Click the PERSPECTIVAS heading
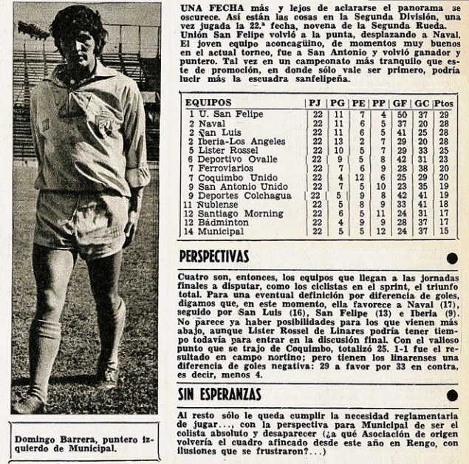click(x=215, y=256)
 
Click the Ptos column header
click(x=444, y=102)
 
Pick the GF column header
click(x=402, y=102)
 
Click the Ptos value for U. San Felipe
click(x=445, y=115)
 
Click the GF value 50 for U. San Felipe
click(x=403, y=115)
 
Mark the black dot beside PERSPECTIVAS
click(x=452, y=257)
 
